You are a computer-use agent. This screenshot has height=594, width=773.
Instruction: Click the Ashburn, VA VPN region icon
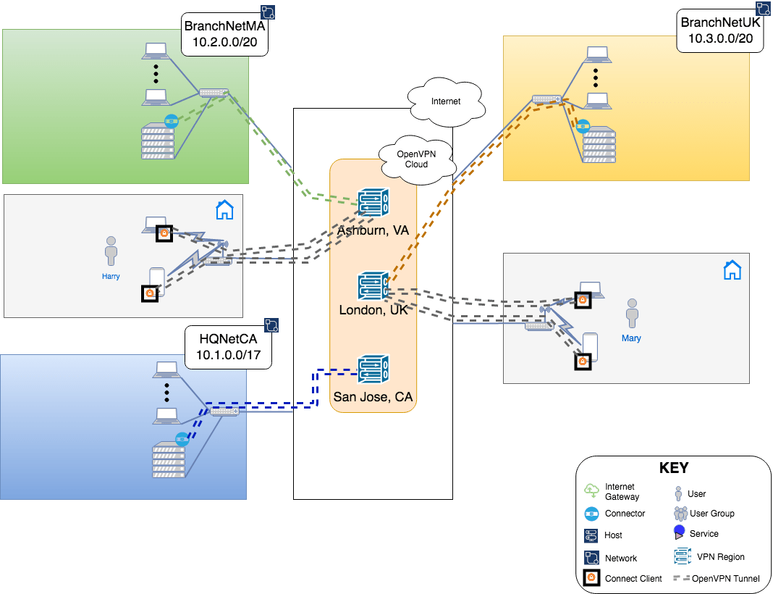click(x=373, y=203)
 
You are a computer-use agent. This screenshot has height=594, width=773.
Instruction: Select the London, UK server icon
click(x=373, y=287)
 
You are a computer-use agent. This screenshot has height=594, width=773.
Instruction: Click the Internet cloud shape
click(x=445, y=102)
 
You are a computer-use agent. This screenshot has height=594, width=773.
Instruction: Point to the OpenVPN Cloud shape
click(x=416, y=159)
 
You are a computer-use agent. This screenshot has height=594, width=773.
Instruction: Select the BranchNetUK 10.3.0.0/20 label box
click(x=721, y=31)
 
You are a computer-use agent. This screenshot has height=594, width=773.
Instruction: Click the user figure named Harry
click(x=111, y=251)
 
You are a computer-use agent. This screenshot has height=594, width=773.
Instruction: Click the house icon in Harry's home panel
click(x=225, y=210)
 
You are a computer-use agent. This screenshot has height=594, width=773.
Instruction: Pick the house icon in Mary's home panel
click(x=732, y=270)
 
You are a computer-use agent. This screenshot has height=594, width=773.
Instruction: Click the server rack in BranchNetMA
click(x=159, y=142)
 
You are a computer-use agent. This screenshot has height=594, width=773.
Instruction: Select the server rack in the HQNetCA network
click(x=168, y=460)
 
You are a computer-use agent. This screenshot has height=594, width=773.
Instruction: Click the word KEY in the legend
click(x=673, y=468)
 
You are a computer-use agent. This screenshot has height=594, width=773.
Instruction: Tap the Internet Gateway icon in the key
click(x=591, y=490)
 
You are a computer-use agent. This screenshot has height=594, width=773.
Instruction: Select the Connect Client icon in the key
click(x=591, y=578)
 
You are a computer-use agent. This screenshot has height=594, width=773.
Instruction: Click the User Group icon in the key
click(x=680, y=514)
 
